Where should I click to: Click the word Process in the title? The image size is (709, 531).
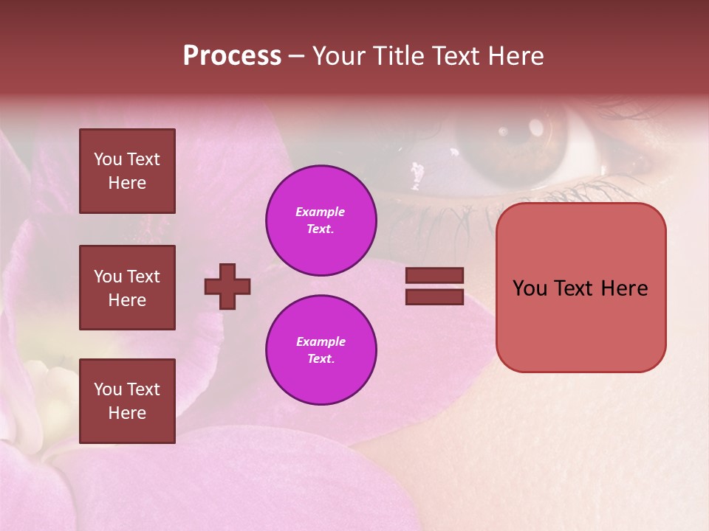[x=232, y=56]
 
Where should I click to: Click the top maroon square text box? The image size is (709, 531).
[x=127, y=171]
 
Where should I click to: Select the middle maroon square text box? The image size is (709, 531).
[x=127, y=288]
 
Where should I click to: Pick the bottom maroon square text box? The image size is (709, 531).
[x=127, y=401]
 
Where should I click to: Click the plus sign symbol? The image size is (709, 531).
[x=227, y=286]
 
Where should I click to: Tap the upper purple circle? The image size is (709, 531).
[x=321, y=221]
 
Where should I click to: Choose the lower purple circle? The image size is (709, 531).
[x=321, y=350]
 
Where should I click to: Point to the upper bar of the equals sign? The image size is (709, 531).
[x=434, y=275]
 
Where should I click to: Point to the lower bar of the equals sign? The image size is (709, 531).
[x=434, y=296]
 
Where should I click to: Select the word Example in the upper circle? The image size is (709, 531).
[x=321, y=212]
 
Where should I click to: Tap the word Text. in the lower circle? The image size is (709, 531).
[x=321, y=359]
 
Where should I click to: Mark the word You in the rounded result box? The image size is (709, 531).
[x=530, y=288]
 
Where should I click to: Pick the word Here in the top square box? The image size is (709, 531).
[x=127, y=183]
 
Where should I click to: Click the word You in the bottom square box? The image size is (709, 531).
[x=108, y=389]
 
